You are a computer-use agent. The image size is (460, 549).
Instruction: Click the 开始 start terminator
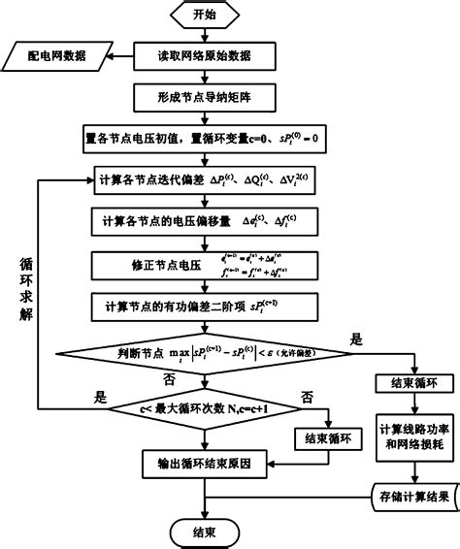[204, 16]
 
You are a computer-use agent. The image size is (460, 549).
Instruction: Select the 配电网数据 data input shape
[57, 56]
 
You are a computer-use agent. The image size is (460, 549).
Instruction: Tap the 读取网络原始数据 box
[204, 56]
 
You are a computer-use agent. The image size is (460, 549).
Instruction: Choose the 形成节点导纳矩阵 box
[204, 97]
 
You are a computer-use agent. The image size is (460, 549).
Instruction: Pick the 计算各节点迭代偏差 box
[204, 180]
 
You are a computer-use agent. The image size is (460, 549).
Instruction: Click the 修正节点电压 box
[204, 263]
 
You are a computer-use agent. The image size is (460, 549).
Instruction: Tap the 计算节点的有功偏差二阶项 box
[204, 307]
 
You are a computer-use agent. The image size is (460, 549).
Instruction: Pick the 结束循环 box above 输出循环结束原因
[327, 438]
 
